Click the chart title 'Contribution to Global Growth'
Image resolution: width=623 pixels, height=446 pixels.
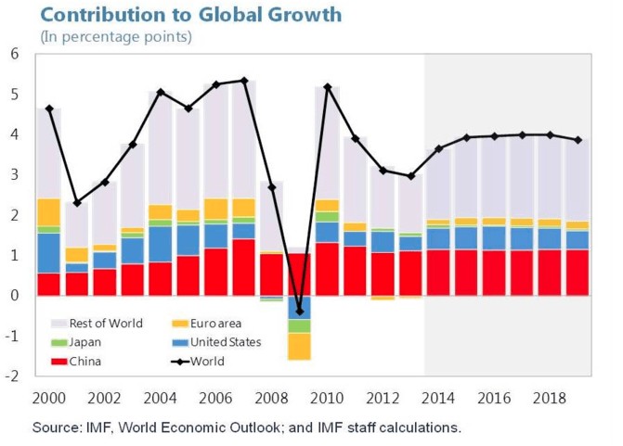coord(190,15)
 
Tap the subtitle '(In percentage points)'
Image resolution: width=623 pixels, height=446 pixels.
coord(115,37)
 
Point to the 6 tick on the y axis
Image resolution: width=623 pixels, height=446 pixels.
coord(15,54)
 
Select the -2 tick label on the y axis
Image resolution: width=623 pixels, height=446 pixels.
coord(13,376)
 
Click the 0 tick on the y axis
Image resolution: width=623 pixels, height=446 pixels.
coord(15,295)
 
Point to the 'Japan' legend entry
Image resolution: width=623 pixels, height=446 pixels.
coord(89,342)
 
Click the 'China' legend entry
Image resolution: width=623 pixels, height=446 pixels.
coord(88,362)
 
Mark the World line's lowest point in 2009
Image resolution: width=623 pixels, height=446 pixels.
coord(299,312)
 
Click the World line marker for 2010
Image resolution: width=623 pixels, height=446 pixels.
coord(327,87)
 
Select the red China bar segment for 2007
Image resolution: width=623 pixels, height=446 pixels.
coord(243,267)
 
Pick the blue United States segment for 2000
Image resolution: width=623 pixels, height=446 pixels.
coord(47,253)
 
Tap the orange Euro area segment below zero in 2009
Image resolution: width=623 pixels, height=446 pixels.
coord(299,346)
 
